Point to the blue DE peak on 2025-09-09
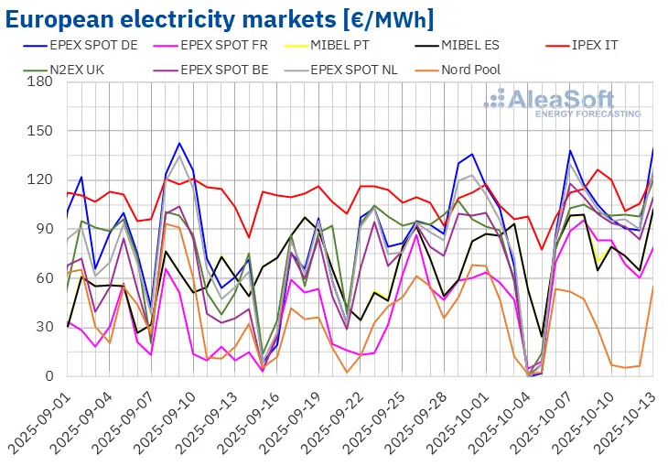coord(179,143)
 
